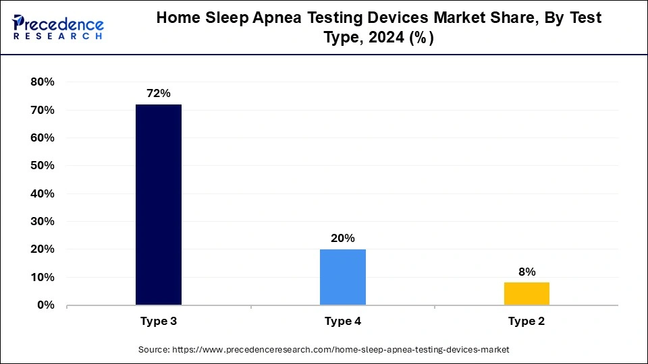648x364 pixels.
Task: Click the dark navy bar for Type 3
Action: click(x=159, y=204)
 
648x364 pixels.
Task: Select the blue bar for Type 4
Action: click(x=342, y=277)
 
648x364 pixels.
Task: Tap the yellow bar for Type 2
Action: click(x=526, y=293)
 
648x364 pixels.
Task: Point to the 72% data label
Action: click(x=159, y=94)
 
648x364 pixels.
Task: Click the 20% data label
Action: click(x=342, y=238)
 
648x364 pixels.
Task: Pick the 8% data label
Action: click(x=526, y=272)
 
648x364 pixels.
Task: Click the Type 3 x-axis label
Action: click(x=159, y=322)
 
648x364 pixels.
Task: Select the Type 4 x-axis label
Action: click(x=342, y=322)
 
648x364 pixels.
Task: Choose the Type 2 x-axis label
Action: click(x=526, y=322)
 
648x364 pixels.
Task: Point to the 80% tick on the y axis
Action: click(x=42, y=82)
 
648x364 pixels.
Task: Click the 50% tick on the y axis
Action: click(x=42, y=166)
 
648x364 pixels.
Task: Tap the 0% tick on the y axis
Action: click(x=45, y=305)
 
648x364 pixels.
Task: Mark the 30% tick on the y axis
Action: click(x=42, y=222)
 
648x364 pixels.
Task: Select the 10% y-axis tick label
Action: click(x=42, y=277)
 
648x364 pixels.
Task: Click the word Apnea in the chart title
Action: click(x=269, y=18)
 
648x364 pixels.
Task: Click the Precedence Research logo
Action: click(x=58, y=27)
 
